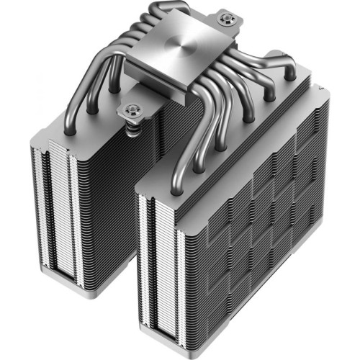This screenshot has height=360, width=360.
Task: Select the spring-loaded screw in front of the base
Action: pyautogui.click(x=132, y=110)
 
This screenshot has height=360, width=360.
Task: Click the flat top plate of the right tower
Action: pyautogui.click(x=238, y=144)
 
